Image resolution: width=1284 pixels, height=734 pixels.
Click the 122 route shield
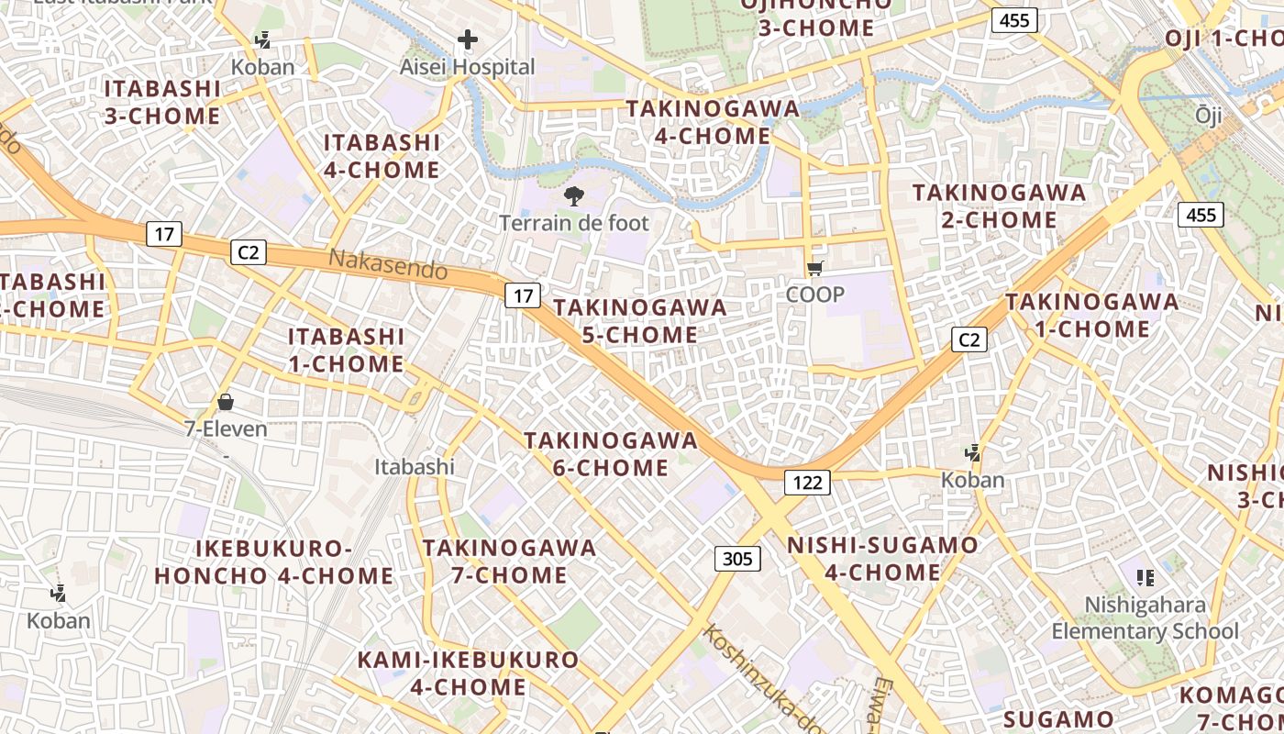coord(807,483)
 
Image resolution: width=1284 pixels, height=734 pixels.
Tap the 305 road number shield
coord(737,559)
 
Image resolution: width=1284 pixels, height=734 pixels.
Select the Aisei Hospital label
coord(467,67)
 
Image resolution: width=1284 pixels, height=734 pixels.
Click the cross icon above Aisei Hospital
coord(468,39)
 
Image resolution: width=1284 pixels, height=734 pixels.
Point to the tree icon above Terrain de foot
coord(574,195)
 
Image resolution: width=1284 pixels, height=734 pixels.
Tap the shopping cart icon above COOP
coord(815,268)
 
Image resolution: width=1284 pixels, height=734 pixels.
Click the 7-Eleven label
coord(226,428)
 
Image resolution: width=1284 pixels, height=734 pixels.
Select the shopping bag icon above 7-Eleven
coord(226,402)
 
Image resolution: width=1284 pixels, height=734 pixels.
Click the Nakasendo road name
coord(388,264)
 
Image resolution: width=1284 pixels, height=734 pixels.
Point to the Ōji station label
coord(1209,115)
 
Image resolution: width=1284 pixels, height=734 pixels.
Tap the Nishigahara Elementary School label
coord(1145,617)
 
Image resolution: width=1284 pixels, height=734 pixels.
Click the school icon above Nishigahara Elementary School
coord(1145,577)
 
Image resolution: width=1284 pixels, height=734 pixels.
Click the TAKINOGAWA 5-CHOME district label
coord(640,321)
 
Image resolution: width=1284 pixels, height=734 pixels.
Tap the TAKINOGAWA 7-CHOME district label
coord(509,562)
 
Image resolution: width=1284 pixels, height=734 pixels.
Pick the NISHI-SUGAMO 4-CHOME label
coord(882,559)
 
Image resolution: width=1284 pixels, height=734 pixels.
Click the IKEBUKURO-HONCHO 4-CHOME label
coord(273,562)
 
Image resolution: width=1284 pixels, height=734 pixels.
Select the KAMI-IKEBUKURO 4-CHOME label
coord(468,673)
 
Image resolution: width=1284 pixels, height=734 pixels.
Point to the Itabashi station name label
coord(415,467)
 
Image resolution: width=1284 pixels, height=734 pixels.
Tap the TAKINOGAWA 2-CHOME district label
coord(999,206)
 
